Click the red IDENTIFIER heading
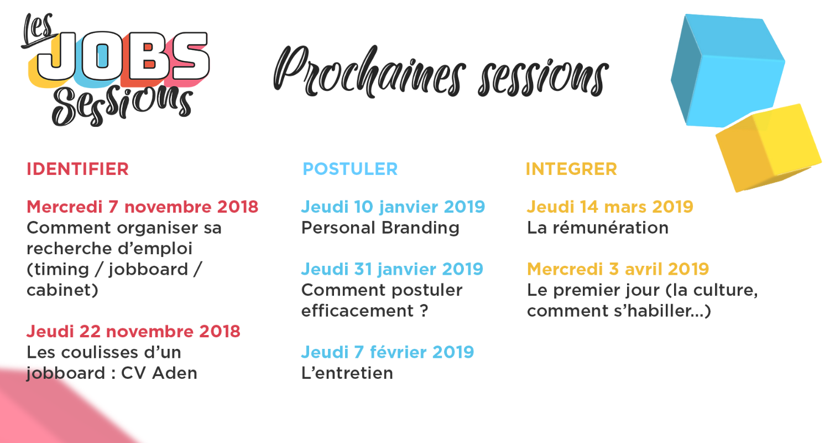pyautogui.click(x=77, y=169)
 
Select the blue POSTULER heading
pyautogui.click(x=350, y=169)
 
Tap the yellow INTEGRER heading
pyautogui.click(x=571, y=169)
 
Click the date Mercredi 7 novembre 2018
pyautogui.click(x=142, y=207)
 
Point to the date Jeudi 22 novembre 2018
pyautogui.click(x=133, y=332)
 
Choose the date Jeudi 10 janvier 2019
pyautogui.click(x=393, y=207)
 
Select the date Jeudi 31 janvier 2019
pyautogui.click(x=393, y=269)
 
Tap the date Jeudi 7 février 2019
pyautogui.click(x=388, y=353)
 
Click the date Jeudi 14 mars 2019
pyautogui.click(x=610, y=207)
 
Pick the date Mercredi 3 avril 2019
pyautogui.click(x=618, y=269)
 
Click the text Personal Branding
pyautogui.click(x=380, y=228)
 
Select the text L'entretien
pyautogui.click(x=347, y=373)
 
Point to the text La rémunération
pyautogui.click(x=598, y=228)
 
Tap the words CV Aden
pyautogui.click(x=159, y=373)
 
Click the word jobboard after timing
pyautogui.click(x=149, y=270)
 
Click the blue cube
pyautogui.click(x=728, y=70)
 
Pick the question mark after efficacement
pyautogui.click(x=424, y=311)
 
